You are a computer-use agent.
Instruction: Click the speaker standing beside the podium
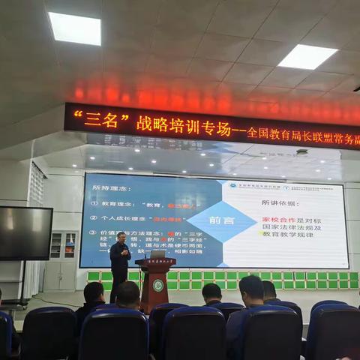[x=119, y=267]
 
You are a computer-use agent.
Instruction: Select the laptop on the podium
[x=157, y=255]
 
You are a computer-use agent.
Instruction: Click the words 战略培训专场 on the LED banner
[x=178, y=124]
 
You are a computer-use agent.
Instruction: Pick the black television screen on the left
[x=25, y=233]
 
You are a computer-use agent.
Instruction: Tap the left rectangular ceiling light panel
[x=75, y=28]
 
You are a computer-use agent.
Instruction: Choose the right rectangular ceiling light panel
[x=307, y=57]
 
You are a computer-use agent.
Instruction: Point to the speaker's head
[x=121, y=238]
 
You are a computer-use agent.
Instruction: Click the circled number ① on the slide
[x=94, y=203]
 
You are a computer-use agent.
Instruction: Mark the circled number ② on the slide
[x=94, y=218]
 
